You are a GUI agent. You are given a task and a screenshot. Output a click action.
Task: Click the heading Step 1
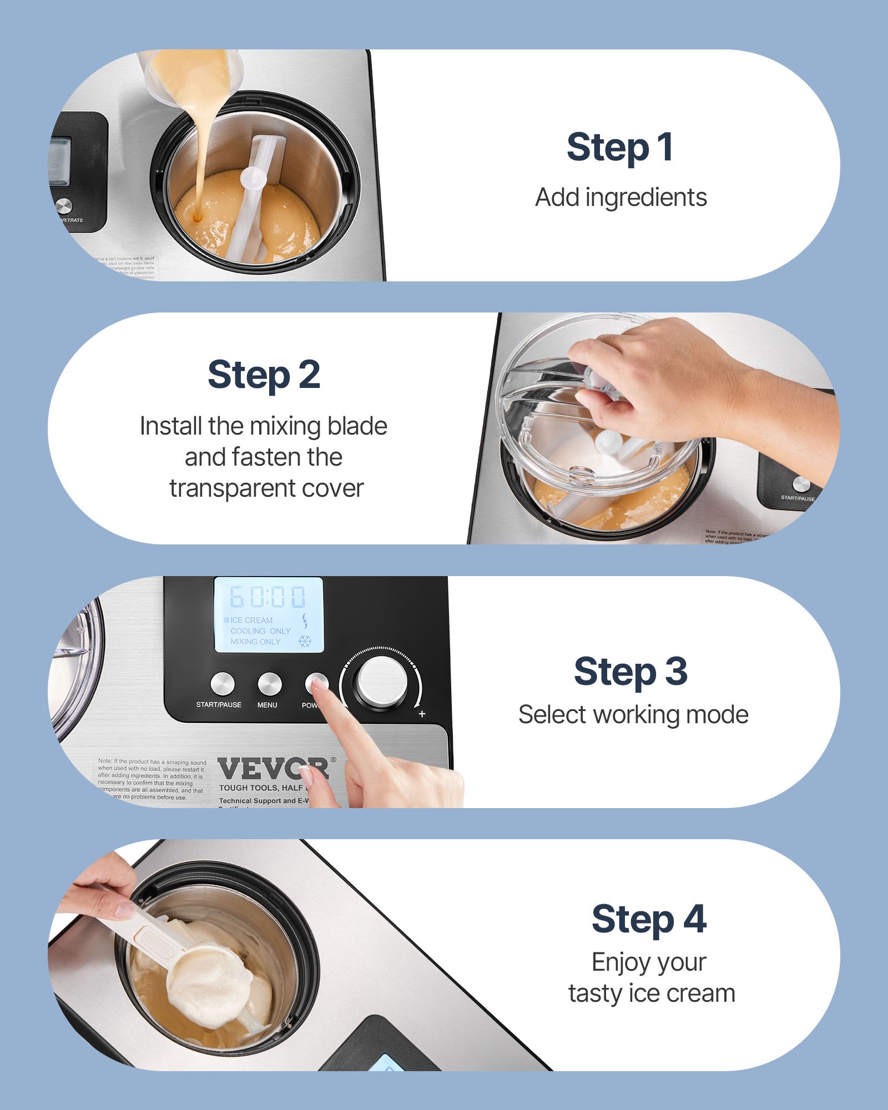coord(620,148)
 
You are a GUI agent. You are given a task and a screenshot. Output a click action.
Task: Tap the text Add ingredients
coord(620,198)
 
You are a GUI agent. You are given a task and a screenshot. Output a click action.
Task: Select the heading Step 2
coord(264,375)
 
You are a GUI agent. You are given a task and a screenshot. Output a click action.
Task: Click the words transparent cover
coord(266,488)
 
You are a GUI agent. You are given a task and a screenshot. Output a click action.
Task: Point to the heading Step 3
coord(630,672)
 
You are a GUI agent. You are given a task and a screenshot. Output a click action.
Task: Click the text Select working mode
coord(633,715)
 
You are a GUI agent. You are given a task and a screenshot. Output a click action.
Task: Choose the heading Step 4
coord(648,919)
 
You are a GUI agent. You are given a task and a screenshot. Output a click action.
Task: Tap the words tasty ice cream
coord(651,993)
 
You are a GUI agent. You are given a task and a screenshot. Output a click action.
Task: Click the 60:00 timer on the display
coord(268,597)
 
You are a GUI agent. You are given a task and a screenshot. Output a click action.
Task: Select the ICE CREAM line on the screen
coord(251,620)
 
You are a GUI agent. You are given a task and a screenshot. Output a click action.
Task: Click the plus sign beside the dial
coord(422,714)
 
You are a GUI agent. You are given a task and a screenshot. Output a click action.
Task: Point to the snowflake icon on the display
coord(305,642)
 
